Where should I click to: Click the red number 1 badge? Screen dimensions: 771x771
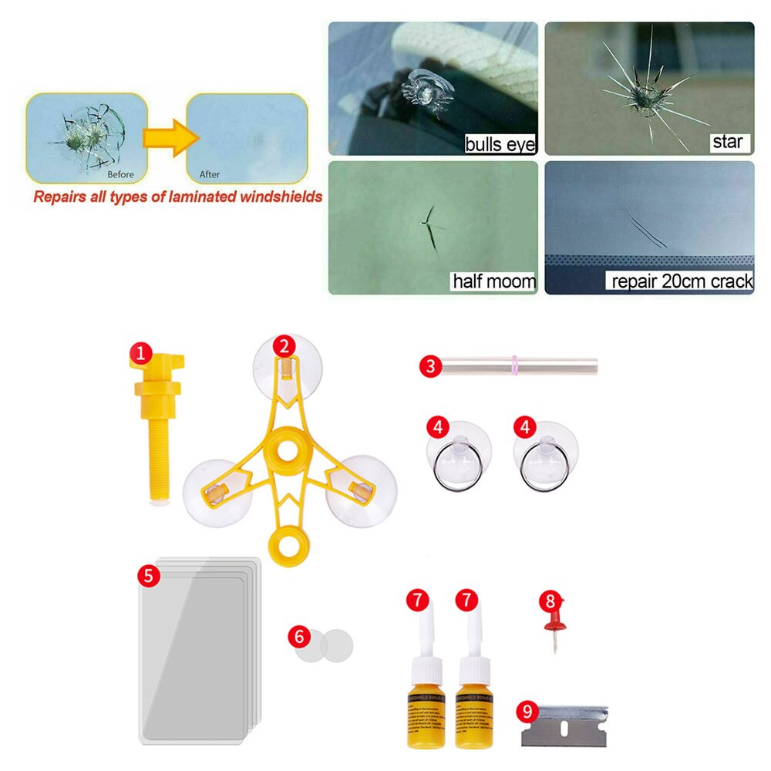point(140,354)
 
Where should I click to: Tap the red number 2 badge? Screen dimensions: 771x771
point(284,346)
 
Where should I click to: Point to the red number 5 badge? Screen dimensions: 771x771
point(149,574)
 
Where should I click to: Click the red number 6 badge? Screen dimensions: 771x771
point(298,636)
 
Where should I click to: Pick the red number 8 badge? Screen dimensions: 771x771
point(550,599)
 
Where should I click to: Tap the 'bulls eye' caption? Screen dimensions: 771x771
point(500,143)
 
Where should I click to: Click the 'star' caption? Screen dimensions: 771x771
point(726,142)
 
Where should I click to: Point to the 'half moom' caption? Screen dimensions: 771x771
point(493,281)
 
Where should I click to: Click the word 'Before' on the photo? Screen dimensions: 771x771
point(121,174)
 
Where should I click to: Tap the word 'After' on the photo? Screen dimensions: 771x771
point(210,174)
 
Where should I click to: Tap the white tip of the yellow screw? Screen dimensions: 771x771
point(160,502)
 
